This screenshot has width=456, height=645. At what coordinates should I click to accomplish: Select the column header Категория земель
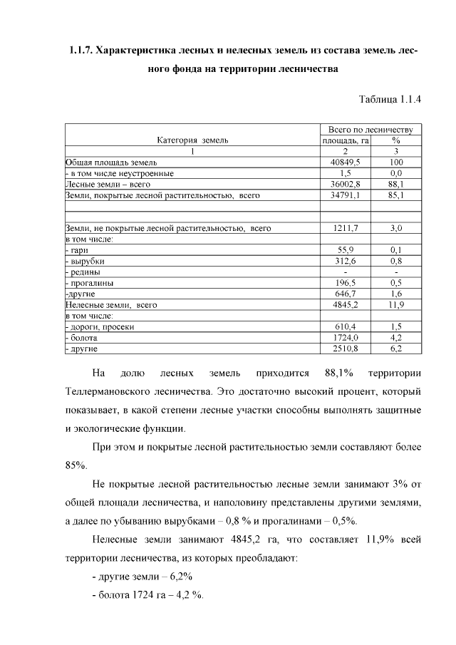click(x=192, y=140)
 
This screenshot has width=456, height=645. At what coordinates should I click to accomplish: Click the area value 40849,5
click(x=345, y=162)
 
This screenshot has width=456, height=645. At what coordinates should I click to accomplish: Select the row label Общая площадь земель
click(x=105, y=162)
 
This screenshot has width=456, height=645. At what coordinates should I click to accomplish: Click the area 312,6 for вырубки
click(x=345, y=261)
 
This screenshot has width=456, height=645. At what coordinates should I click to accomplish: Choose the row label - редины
click(x=82, y=272)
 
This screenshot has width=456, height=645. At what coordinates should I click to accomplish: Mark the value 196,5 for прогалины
click(x=345, y=282)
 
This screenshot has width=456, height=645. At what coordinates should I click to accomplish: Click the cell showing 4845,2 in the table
click(x=345, y=304)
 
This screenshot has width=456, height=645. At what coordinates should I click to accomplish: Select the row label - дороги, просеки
click(x=99, y=326)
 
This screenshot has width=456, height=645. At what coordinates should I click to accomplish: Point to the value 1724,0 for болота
click(x=345, y=337)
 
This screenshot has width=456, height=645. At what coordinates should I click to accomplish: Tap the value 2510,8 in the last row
click(x=345, y=348)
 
